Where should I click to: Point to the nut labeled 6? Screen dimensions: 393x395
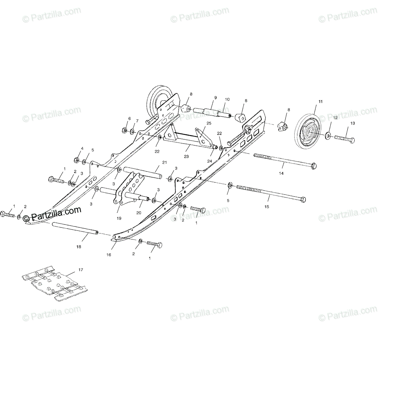124,130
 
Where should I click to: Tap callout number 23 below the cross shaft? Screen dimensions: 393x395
186,156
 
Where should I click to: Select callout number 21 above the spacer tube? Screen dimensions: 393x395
164,162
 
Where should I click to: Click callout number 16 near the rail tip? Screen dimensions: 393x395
109,254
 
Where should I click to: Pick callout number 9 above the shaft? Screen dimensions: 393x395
215,98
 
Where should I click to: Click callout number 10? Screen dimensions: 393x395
227,99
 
